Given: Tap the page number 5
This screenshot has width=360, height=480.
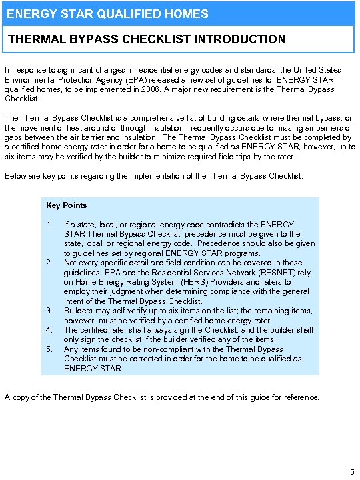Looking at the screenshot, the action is click(352, 472).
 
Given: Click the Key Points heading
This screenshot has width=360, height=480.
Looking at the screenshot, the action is click(67, 205).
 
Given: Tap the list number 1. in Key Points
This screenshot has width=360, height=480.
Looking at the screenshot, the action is click(49, 225).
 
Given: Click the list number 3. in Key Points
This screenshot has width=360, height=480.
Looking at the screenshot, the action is click(49, 311).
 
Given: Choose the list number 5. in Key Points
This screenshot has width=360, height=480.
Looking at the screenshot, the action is click(49, 349).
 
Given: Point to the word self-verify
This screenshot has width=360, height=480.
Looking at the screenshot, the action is click(130, 311).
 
